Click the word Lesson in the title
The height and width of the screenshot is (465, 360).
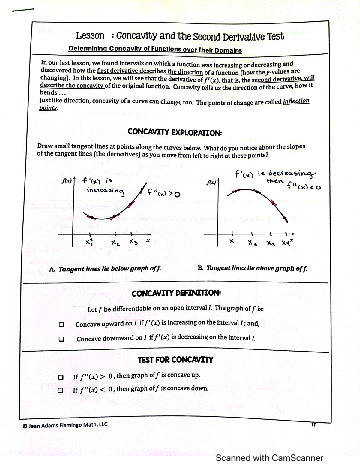[x=90, y=36]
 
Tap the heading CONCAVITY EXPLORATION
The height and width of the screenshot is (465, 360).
[x=175, y=132]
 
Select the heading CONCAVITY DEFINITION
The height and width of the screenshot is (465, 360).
[x=176, y=293]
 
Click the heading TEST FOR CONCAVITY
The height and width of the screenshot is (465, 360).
[x=175, y=360]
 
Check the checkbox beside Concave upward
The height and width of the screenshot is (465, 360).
[x=61, y=325]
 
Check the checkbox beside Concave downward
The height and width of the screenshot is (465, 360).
[x=61, y=339]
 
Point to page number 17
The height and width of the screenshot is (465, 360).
[x=314, y=424]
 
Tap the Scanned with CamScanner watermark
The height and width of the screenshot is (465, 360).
[x=269, y=458]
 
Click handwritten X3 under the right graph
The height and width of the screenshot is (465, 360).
[x=270, y=242]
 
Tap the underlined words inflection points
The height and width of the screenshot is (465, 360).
[x=296, y=101]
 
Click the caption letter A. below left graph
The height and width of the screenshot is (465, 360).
[x=52, y=269]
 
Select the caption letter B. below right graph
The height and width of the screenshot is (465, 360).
[x=201, y=268]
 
